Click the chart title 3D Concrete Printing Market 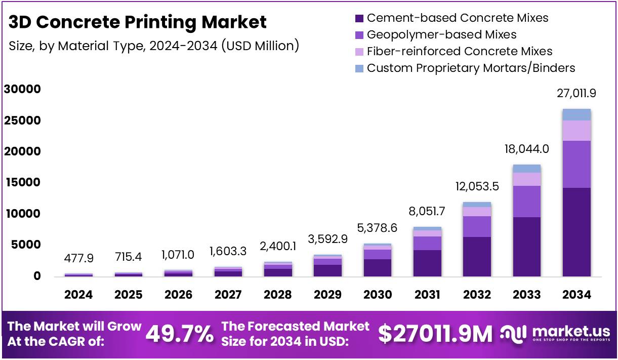138,22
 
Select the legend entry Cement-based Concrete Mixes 457,18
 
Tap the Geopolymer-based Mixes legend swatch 359,35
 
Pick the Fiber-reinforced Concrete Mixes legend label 459,52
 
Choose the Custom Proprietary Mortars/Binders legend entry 471,68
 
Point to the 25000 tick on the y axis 22,121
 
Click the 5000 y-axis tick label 25,245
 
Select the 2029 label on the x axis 327,295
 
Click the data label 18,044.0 526,149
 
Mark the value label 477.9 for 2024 78,258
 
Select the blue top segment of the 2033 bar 526,169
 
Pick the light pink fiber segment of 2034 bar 576,131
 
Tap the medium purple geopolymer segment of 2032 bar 477,226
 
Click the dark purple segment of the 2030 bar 377,267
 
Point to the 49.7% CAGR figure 179,334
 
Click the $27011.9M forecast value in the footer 435,334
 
